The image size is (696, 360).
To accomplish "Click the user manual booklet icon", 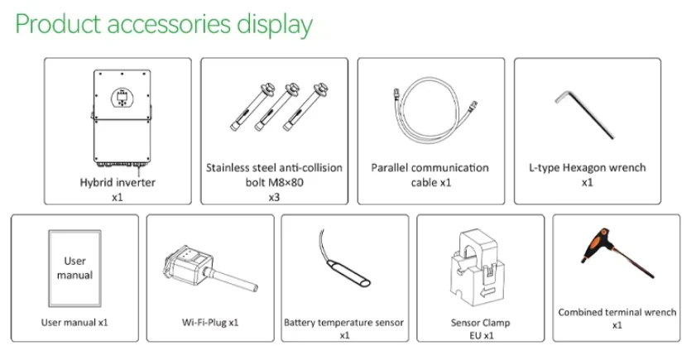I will (74, 267).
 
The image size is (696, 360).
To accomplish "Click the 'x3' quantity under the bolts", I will (274, 198).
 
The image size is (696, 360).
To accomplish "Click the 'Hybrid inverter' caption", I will (117, 182).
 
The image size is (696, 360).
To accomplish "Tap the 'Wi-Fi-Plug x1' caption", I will (210, 321).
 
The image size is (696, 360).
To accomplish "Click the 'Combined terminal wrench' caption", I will (617, 312).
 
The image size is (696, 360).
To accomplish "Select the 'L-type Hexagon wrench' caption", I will (587, 167).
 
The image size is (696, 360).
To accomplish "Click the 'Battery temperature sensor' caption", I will (343, 322).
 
